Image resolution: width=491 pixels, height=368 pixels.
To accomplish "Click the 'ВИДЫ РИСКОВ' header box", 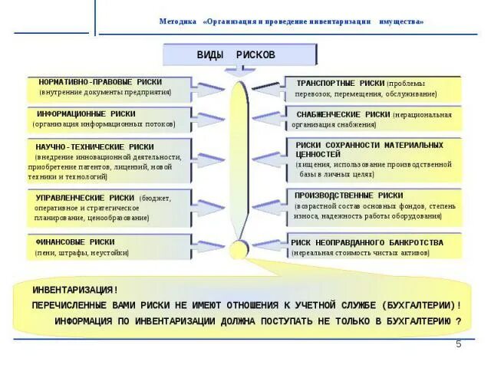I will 239,56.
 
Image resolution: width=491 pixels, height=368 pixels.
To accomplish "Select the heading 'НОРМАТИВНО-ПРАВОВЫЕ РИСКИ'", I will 100,81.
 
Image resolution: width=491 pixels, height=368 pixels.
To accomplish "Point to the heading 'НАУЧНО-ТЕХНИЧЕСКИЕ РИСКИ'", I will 94,146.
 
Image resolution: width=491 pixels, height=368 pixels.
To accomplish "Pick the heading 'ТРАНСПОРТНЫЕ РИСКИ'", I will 340,83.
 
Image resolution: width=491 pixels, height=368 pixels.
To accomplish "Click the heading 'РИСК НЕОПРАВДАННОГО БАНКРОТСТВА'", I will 367,242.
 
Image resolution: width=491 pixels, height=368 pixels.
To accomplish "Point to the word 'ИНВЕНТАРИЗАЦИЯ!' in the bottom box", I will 75,290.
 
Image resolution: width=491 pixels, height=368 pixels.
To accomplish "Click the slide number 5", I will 459,344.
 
